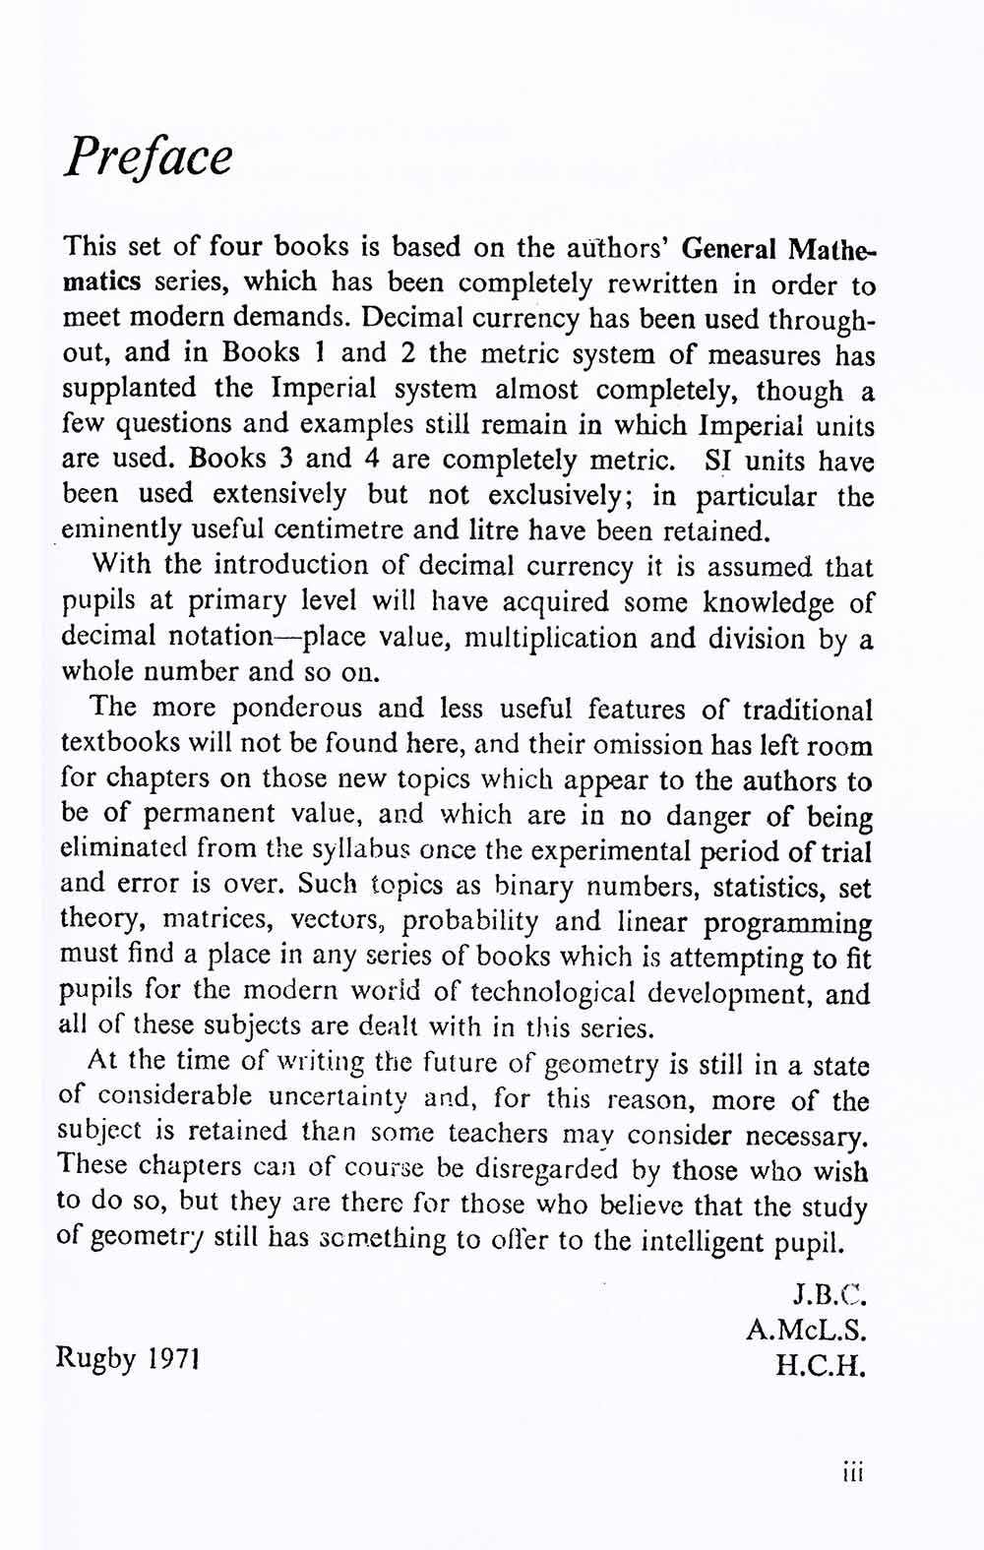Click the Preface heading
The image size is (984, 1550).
pos(149,155)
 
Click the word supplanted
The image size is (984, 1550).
pos(128,390)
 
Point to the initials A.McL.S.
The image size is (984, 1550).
pos(806,1331)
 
